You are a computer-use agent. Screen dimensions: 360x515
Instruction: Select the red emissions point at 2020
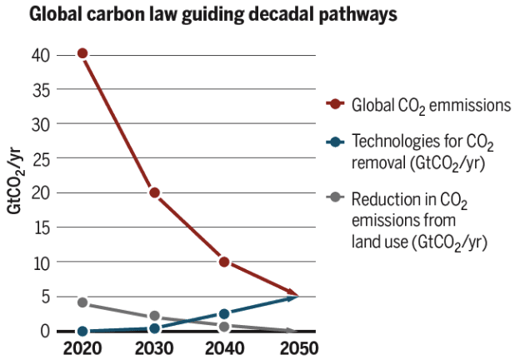pyautogui.click(x=82, y=53)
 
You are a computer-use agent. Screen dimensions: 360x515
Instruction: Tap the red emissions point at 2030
pyautogui.click(x=154, y=192)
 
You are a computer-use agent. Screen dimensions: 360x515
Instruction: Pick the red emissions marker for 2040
pyautogui.click(x=224, y=262)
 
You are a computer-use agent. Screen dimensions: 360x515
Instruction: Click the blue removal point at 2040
pyautogui.click(x=224, y=313)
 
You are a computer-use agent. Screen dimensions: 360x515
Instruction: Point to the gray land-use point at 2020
pyautogui.click(x=82, y=302)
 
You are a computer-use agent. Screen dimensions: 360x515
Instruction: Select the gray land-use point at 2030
pyautogui.click(x=154, y=317)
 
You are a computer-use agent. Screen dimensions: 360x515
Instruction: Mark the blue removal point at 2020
pyautogui.click(x=82, y=331)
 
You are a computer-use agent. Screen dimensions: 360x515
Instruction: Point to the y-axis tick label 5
pyautogui.click(x=45, y=297)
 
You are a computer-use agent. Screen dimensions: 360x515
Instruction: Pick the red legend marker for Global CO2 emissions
pyautogui.click(x=336, y=104)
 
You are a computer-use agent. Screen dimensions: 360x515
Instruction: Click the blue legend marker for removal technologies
pyautogui.click(x=336, y=142)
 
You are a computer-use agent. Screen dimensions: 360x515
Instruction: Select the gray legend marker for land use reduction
pyautogui.click(x=336, y=197)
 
